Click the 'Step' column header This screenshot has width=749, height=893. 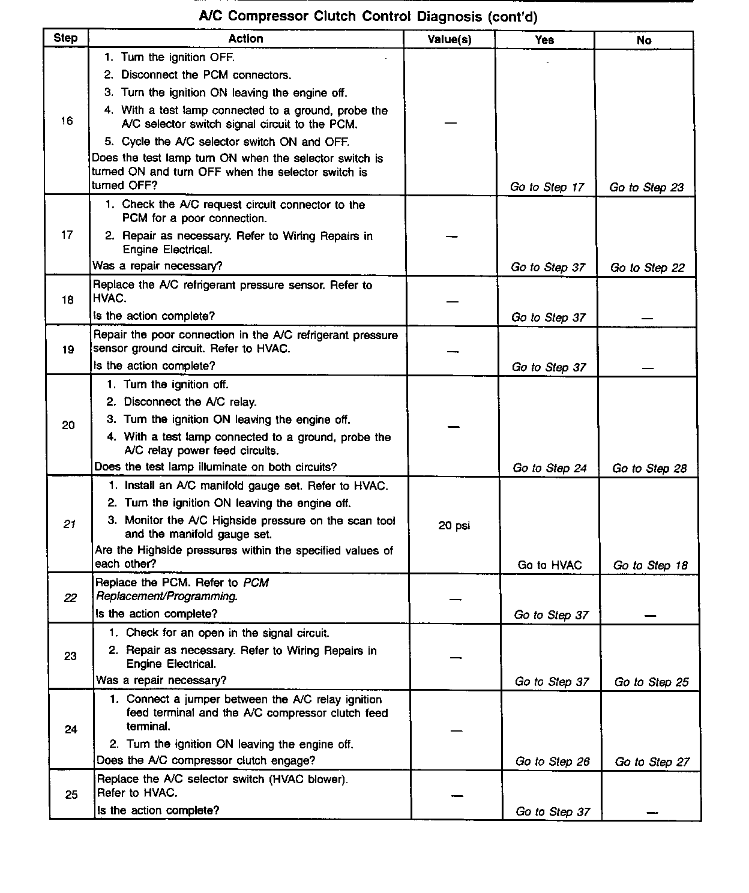click(x=65, y=38)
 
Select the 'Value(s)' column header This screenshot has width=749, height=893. click(x=450, y=40)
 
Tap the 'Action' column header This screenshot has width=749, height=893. click(x=245, y=38)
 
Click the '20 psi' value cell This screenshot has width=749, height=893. click(x=454, y=526)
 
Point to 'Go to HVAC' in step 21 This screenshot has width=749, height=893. click(x=550, y=565)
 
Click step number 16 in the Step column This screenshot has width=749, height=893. click(x=67, y=121)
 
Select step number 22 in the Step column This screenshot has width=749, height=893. click(x=70, y=598)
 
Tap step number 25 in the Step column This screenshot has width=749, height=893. click(x=71, y=795)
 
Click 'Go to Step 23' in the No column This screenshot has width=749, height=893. click(x=646, y=187)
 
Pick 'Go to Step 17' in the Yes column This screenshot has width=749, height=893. click(x=547, y=187)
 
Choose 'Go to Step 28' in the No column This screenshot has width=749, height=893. click(x=649, y=468)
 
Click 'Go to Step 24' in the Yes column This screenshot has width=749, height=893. click(x=550, y=468)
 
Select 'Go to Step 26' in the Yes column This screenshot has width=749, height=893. click(x=553, y=762)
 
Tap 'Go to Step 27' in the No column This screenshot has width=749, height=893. click(x=652, y=762)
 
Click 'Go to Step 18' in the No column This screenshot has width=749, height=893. click(x=651, y=565)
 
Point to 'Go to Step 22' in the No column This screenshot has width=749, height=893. click(x=648, y=268)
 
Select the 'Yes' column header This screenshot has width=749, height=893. click(x=544, y=40)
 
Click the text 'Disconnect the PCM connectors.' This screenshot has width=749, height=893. click(x=206, y=75)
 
